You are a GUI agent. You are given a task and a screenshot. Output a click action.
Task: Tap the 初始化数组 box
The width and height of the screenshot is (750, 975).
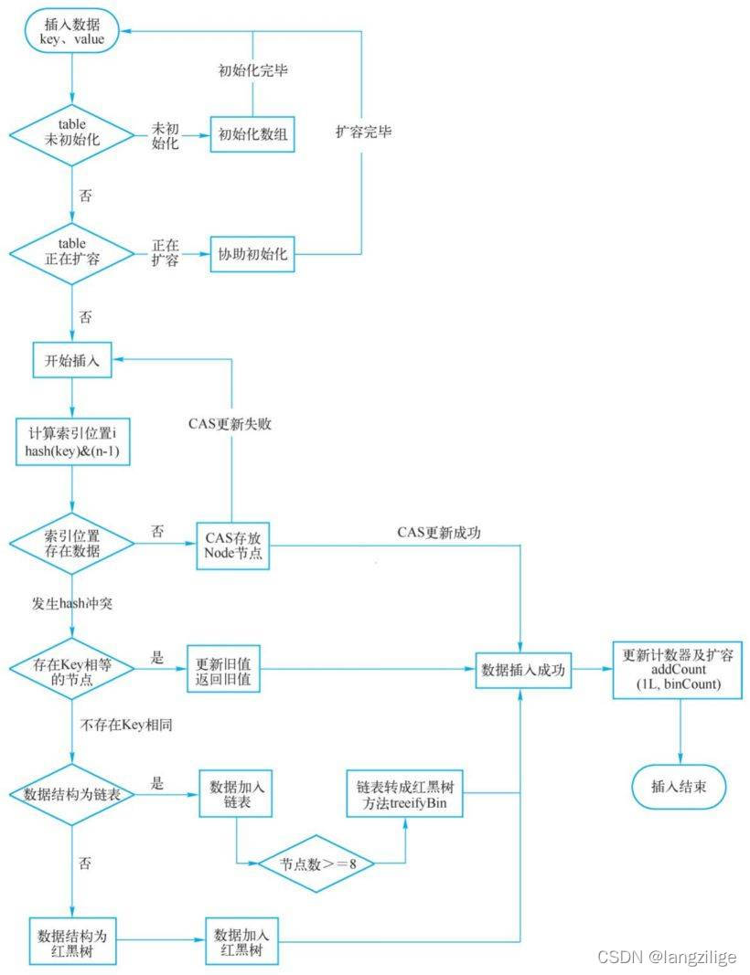(253, 136)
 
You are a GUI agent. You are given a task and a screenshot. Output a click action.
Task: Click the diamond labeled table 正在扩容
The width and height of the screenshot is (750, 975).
(72, 251)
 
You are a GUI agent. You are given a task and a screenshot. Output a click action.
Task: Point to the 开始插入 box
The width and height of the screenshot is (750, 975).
(72, 360)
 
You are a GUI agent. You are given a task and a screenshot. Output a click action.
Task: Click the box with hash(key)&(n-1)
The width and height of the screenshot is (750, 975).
(72, 441)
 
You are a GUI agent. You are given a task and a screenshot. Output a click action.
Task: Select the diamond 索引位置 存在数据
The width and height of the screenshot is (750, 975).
(72, 543)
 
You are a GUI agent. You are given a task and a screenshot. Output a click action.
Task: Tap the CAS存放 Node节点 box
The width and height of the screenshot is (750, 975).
(233, 545)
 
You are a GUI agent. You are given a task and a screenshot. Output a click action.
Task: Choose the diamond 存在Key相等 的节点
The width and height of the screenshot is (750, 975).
(72, 671)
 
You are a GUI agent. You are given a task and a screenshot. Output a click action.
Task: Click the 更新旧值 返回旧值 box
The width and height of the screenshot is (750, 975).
(223, 670)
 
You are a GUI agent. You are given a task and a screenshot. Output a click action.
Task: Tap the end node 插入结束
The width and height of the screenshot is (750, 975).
(678, 785)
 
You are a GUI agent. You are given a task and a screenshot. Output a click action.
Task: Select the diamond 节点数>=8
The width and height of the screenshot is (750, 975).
(314, 862)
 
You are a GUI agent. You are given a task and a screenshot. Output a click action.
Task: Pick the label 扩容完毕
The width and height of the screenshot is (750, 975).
(363, 132)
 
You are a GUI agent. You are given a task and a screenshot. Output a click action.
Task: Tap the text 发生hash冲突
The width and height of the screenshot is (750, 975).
(71, 604)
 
